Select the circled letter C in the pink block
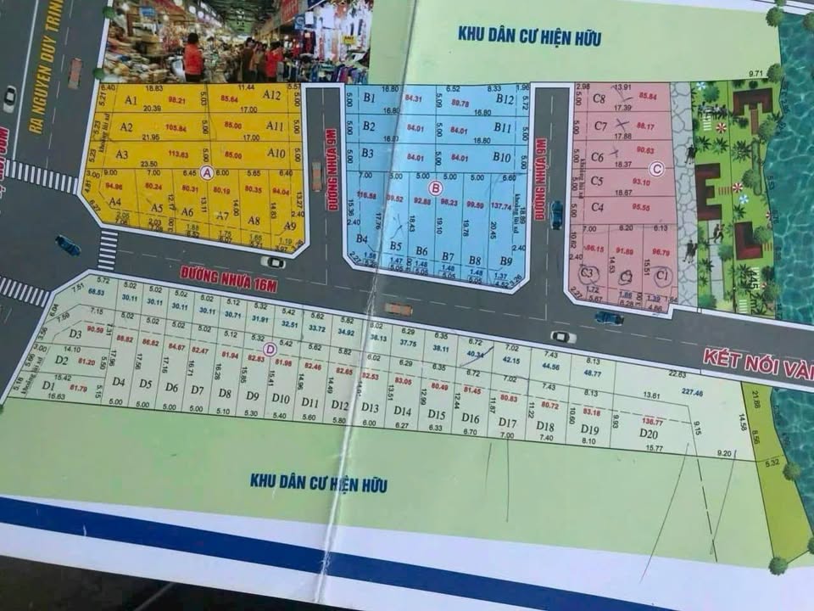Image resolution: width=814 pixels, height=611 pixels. (x=658, y=168)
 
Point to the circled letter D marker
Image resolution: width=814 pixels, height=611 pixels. (x=270, y=347)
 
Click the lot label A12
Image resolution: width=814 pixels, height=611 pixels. (x=271, y=95)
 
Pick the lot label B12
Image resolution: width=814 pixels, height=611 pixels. (x=505, y=99)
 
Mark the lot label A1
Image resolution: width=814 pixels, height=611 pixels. (x=131, y=100)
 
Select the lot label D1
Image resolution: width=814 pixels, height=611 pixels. (x=47, y=396)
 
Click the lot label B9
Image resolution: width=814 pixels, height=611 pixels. (x=505, y=261)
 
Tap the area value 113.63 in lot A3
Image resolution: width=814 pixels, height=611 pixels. (x=178, y=154)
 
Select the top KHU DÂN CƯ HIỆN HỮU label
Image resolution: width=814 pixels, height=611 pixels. (x=529, y=36)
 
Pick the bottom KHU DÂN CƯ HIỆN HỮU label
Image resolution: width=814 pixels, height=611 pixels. (x=319, y=483)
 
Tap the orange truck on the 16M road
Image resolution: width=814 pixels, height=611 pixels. (x=398, y=309)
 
